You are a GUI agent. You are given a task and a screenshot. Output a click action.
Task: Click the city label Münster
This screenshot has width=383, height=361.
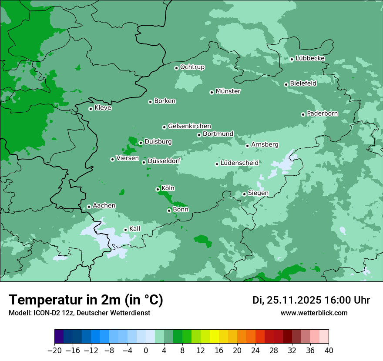(x=228, y=91)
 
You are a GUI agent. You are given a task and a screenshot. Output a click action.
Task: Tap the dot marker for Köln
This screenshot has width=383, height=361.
(x=158, y=189)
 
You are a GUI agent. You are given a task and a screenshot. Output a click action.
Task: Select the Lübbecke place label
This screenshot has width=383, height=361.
(x=310, y=58)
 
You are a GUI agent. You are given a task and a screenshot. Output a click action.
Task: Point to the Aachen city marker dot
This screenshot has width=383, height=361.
(x=89, y=207)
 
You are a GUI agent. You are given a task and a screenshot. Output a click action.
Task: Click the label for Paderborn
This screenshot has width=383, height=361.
(x=322, y=114)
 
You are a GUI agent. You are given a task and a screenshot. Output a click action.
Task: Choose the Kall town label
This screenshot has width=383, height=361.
(x=134, y=229)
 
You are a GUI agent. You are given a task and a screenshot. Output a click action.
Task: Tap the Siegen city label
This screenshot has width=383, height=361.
(x=258, y=193)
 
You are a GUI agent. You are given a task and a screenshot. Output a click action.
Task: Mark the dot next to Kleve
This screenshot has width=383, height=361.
(x=91, y=109)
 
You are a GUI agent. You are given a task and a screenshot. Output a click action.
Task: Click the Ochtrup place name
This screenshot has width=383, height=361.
(x=192, y=67)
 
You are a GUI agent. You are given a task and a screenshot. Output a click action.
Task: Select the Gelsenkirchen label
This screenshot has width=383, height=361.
(x=189, y=126)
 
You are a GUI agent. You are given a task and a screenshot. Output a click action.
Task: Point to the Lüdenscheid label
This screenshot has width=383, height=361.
(x=239, y=163)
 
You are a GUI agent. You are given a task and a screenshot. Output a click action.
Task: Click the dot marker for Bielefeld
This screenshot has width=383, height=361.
(x=286, y=84)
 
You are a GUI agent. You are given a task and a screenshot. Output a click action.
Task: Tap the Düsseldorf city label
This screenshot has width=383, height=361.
(x=164, y=161)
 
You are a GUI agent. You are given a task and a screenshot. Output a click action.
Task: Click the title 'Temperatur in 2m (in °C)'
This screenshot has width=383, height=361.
(x=86, y=300)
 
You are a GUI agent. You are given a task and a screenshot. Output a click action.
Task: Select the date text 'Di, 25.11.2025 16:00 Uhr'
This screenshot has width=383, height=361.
(x=311, y=300)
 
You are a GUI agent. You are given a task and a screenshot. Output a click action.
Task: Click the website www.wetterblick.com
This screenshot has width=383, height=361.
(x=314, y=313)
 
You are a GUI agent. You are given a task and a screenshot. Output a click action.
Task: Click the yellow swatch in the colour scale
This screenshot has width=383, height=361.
(x=214, y=337)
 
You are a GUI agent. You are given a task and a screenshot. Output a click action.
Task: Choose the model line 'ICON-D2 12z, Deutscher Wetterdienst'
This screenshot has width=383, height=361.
(x=79, y=313)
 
